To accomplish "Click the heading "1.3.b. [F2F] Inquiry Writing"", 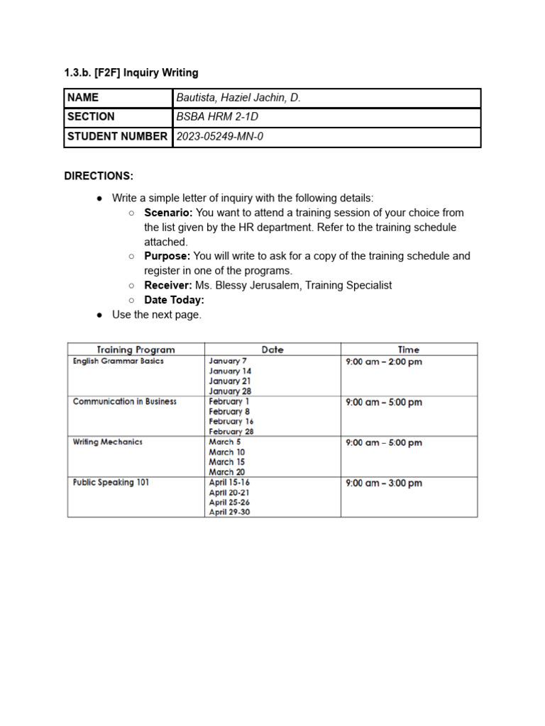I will [131, 72].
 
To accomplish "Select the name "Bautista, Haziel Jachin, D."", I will [238, 98].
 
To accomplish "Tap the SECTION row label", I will [91, 117].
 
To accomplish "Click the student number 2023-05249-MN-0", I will [219, 136].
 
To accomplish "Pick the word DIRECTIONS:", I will [99, 176].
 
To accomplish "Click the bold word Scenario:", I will [168, 213].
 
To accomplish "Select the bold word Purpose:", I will [167, 256].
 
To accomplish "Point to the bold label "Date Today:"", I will [174, 300].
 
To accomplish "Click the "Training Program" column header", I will [136, 350].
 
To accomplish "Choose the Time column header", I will [409, 350].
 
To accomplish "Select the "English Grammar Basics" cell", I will [119, 361].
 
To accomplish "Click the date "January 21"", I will [230, 381].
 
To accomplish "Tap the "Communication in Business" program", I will [125, 401].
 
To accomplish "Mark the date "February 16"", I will [231, 421].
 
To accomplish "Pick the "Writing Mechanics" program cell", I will [108, 442].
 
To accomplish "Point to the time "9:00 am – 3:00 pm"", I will [384, 484].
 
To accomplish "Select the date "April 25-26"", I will [229, 502].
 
